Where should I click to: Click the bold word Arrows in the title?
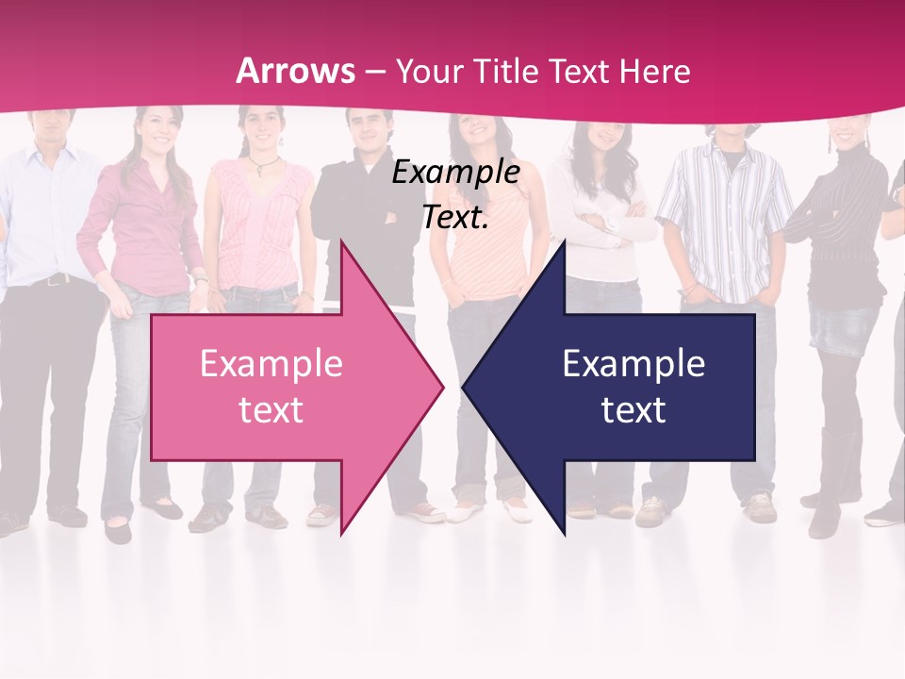pos(295,71)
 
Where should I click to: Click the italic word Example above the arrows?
pos(455,173)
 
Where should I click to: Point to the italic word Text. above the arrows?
pos(455,217)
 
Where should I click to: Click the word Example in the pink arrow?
pos(271,364)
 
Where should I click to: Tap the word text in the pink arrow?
pos(271,410)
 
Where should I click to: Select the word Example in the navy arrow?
pos(633,364)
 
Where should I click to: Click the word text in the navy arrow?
pos(633,410)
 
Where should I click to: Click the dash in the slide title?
pos(375,72)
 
